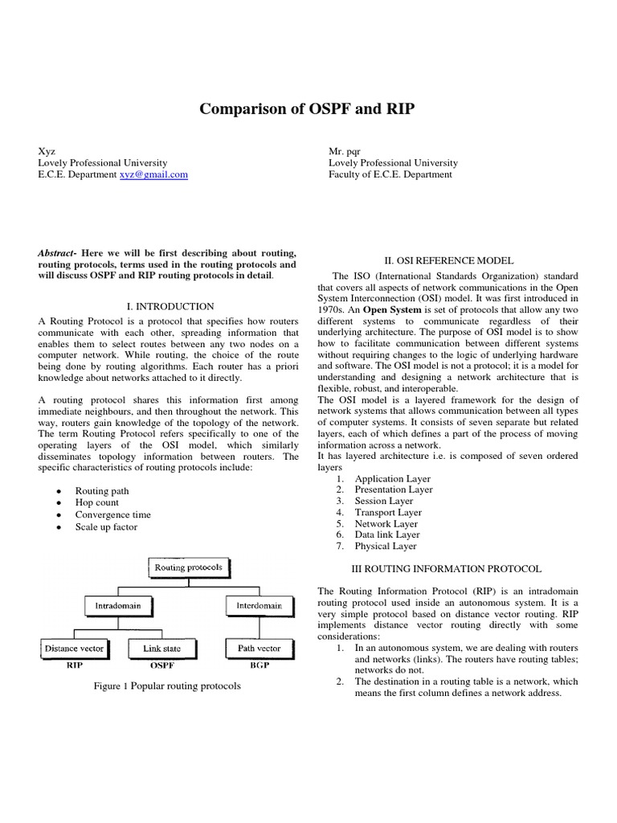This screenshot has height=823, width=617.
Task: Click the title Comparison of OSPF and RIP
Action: pyautogui.click(x=308, y=109)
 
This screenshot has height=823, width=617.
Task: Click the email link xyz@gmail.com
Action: pyautogui.click(x=153, y=174)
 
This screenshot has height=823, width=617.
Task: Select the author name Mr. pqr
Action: pyautogui.click(x=346, y=150)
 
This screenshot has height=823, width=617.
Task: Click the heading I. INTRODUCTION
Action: pyautogui.click(x=170, y=306)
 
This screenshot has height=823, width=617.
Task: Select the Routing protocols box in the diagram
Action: pyautogui.click(x=189, y=567)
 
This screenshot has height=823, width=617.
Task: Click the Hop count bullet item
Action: pyautogui.click(x=96, y=502)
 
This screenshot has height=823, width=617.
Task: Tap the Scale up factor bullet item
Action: pyautogui.click(x=106, y=527)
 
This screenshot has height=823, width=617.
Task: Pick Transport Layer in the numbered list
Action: pyautogui.click(x=388, y=512)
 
